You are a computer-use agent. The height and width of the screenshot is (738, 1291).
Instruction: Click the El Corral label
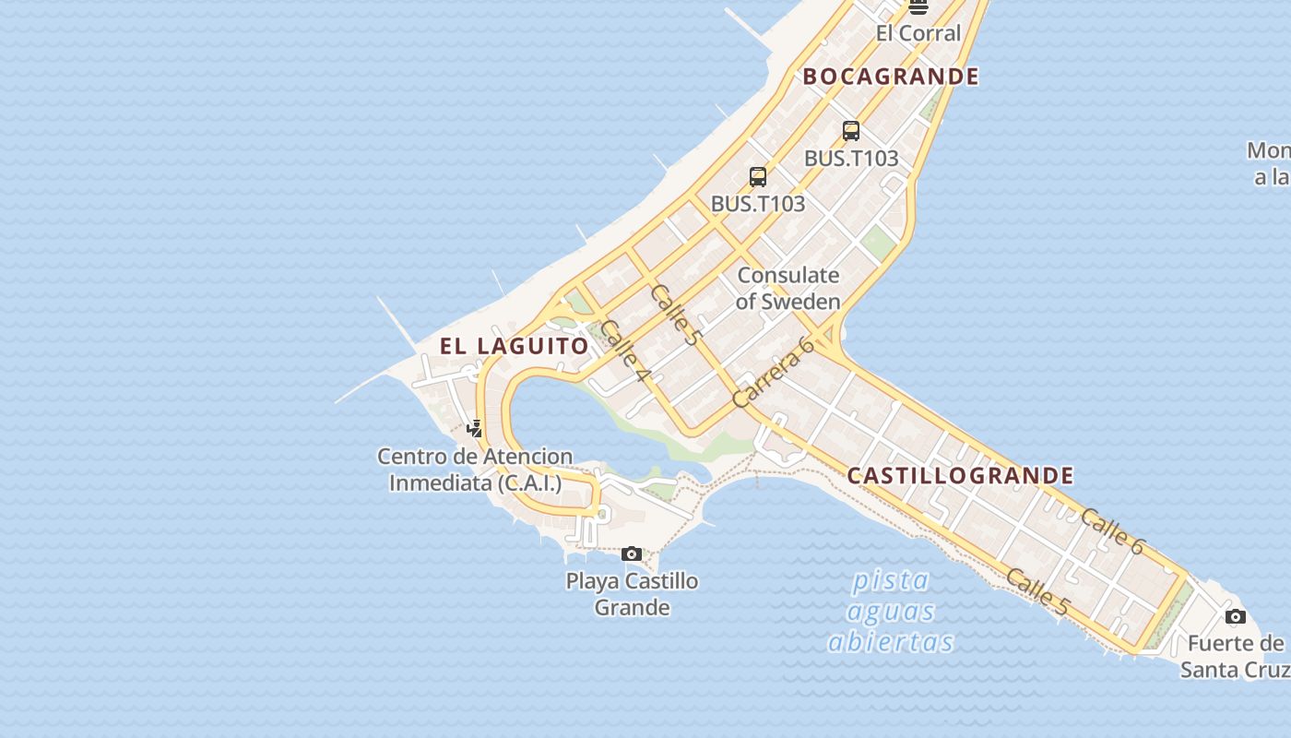(918, 33)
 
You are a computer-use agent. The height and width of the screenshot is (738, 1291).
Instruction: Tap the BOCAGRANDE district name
(891, 77)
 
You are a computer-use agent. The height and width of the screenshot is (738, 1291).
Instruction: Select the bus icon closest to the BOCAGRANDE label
(851, 131)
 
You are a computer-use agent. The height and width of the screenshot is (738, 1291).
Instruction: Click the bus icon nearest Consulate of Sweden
(758, 176)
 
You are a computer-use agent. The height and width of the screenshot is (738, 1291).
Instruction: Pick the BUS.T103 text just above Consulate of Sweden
(758, 204)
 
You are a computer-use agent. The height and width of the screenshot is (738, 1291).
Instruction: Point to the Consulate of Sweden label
(788, 288)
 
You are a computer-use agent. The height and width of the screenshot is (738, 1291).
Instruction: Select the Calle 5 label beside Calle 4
(675, 315)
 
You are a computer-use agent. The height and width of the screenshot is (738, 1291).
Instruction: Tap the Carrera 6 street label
(774, 372)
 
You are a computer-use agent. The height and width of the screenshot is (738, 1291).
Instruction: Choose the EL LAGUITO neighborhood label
(514, 347)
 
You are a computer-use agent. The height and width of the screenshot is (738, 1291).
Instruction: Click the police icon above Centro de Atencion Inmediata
(475, 428)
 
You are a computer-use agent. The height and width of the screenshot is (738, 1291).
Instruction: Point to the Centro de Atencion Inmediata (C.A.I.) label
(475, 470)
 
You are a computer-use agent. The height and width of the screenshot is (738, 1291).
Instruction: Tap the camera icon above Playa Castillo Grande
(632, 553)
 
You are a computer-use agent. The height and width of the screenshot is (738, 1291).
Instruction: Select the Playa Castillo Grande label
(632, 594)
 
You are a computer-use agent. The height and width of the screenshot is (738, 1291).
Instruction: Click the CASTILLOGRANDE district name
(960, 476)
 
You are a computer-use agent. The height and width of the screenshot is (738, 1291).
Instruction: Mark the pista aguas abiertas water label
(891, 611)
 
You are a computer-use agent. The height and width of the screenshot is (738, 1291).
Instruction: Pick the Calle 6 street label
(1112, 531)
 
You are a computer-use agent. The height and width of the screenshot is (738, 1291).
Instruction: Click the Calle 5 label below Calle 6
(1037, 592)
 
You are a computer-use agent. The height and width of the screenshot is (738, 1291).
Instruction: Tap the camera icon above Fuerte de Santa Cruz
(1236, 616)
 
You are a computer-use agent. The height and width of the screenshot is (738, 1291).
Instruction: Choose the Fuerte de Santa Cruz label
(1236, 656)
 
